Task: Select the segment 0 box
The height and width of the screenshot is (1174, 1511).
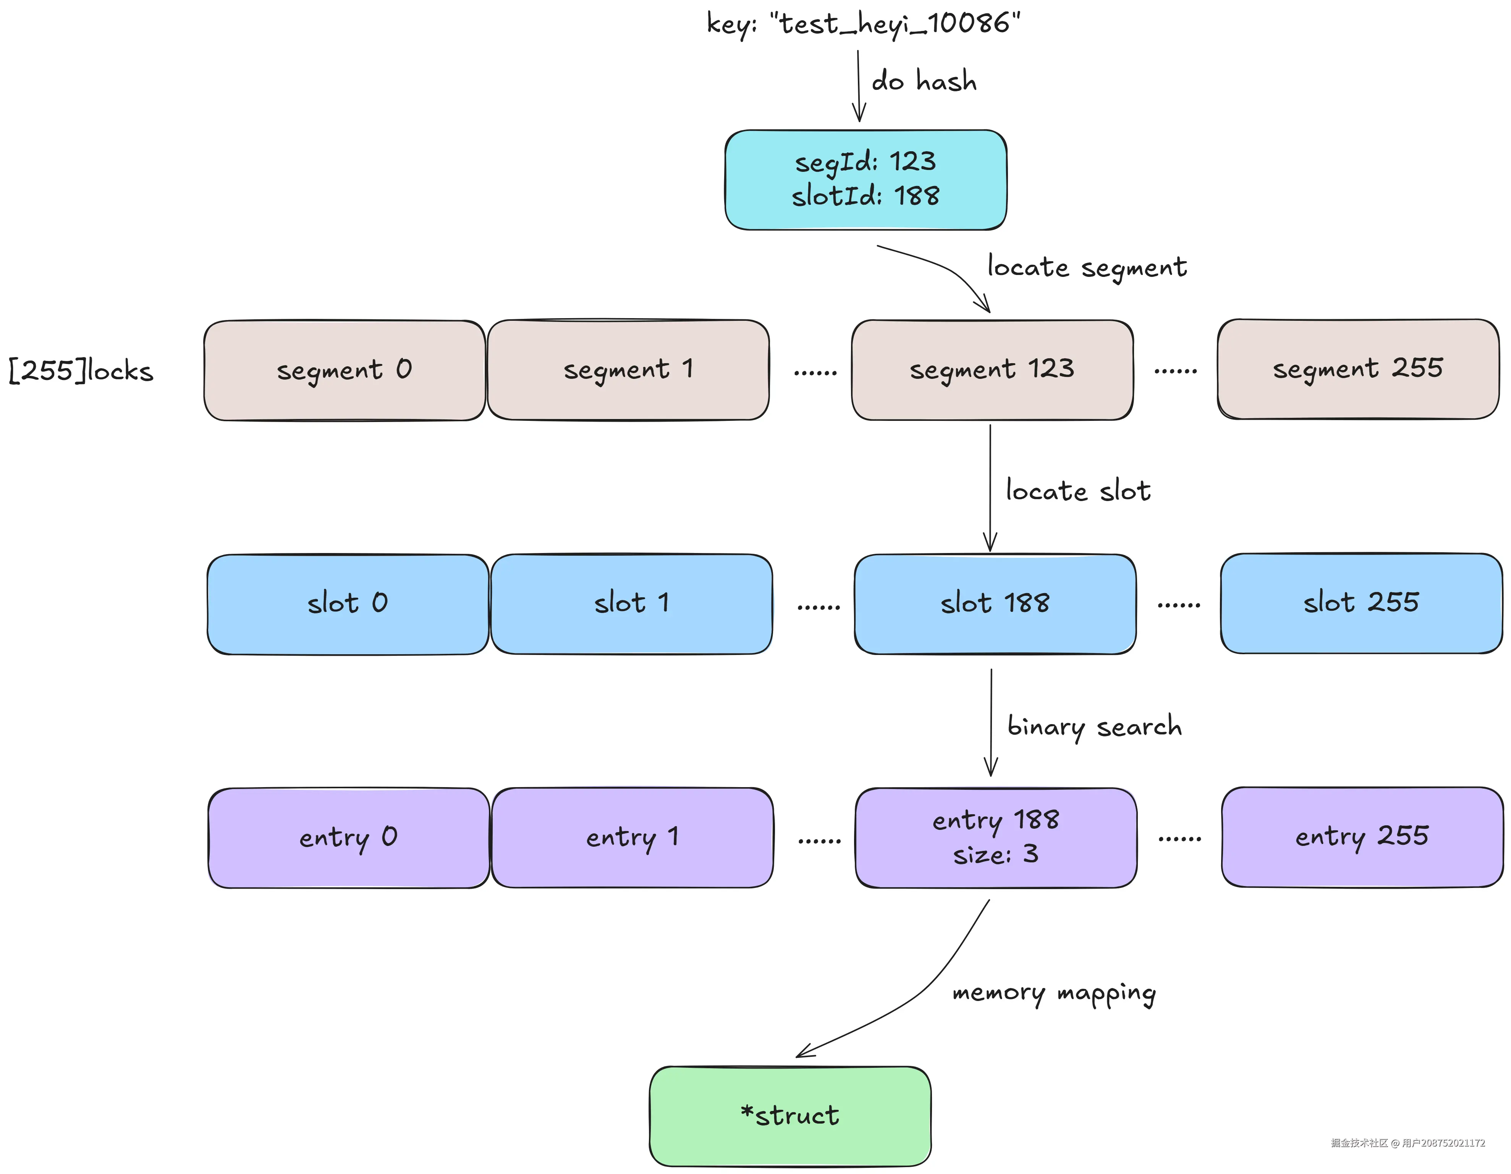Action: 345,370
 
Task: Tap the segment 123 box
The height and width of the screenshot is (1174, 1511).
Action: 992,369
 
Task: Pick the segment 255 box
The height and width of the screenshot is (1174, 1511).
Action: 1358,369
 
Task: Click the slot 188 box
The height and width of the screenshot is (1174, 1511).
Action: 995,604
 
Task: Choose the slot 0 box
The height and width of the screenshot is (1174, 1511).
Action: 348,604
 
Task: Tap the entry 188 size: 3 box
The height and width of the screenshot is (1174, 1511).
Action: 996,837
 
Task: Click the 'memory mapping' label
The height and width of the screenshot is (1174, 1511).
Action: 1054,994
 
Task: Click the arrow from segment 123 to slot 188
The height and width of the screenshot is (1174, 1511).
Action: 990,488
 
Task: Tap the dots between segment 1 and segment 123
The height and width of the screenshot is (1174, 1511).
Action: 815,373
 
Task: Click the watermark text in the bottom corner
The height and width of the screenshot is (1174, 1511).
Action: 1408,1143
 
